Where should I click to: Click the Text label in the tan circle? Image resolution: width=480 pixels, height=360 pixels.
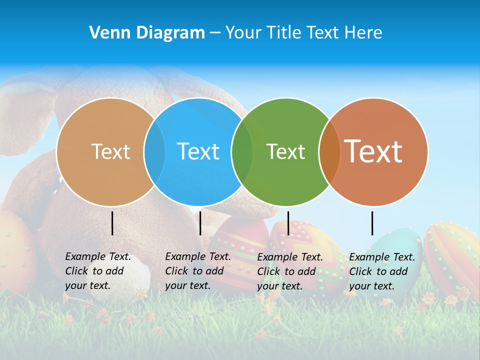point(110,151)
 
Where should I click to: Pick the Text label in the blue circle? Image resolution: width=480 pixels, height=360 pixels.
point(198,151)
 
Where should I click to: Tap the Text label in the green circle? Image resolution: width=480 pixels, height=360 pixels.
point(285,151)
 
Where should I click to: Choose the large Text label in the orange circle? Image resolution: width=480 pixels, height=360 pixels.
point(373,151)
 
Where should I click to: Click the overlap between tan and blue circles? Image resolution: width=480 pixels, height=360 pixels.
point(154,152)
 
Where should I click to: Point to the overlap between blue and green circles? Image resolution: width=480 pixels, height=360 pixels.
point(242,152)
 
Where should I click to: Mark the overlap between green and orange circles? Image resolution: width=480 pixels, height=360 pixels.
point(329,152)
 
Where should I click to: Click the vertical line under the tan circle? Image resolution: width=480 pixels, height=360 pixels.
point(112,223)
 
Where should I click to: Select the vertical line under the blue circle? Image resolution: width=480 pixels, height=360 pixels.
point(200,223)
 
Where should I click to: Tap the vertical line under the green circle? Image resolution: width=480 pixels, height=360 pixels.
point(288,223)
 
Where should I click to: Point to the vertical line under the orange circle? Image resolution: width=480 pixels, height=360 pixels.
point(372,223)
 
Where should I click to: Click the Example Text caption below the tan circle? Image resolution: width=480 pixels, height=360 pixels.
point(97,271)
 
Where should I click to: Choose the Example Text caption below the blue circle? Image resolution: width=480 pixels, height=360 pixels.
point(197,271)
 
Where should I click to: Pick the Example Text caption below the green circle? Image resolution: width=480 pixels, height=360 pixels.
point(289,271)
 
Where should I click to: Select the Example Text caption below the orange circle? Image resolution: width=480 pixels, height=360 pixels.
point(381,271)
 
